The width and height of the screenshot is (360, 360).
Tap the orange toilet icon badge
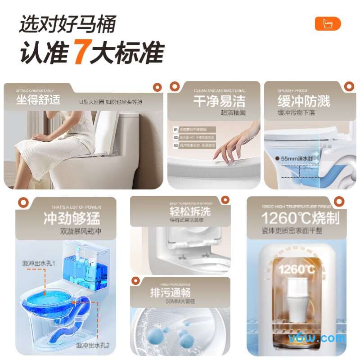[x=328, y=24]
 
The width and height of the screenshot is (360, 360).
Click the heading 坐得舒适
[x=38, y=100]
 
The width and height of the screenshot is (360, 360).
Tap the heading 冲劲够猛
[x=72, y=219]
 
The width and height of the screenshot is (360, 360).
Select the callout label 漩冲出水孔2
[x=93, y=346]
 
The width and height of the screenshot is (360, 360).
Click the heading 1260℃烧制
[x=301, y=218]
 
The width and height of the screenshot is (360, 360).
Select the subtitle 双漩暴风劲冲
[x=81, y=232]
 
